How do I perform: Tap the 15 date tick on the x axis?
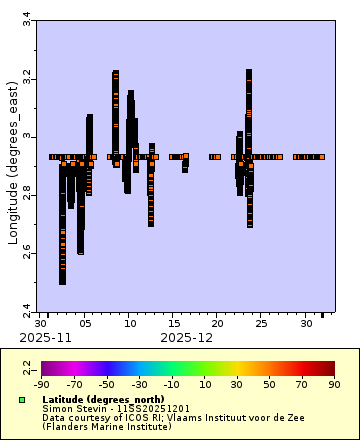[173, 324]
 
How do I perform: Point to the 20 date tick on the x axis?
[217, 324]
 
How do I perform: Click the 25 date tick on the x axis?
[260, 324]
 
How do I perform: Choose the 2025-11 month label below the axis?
[50, 338]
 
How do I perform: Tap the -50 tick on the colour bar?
[103, 383]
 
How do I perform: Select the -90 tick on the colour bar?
[41, 383]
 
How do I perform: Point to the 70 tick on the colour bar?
[303, 383]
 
